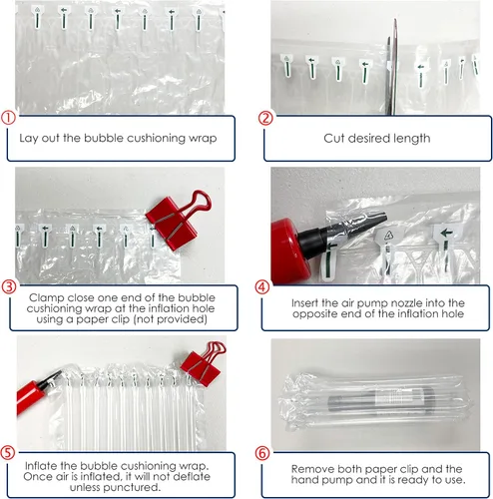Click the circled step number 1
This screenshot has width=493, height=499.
pos(8,118)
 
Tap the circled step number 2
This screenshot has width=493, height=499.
pos(265,118)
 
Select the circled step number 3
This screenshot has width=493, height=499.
pos(9,286)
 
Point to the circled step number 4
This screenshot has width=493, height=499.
pos(262,286)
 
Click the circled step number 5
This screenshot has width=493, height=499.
pos(8,453)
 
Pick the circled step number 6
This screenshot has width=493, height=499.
pos(262,453)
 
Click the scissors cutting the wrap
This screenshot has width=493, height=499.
pos(392,67)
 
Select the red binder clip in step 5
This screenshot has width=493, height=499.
pos(203,363)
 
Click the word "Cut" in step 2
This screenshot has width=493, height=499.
pos(333,138)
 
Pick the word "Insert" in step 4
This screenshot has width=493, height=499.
pos(304,302)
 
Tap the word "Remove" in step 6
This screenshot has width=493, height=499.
pos(312,469)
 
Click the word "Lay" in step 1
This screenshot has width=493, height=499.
pos(28,139)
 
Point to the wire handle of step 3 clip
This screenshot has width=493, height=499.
pos(200,201)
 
